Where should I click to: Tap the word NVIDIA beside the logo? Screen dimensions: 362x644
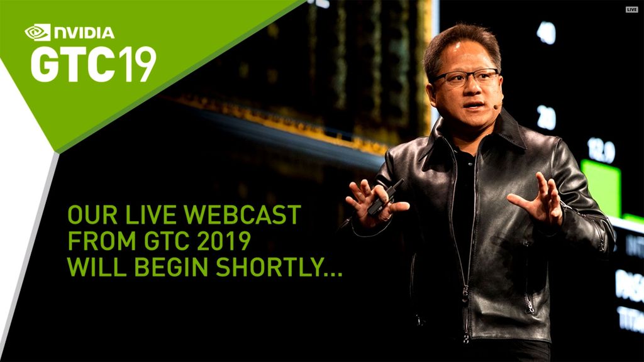pos(84,33)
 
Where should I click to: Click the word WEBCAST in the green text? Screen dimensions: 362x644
pos(249,216)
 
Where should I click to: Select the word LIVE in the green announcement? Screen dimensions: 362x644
pos(155,216)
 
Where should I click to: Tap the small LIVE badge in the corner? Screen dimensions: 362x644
pos(631,9)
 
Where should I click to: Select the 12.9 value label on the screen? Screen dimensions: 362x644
pos(601,150)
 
